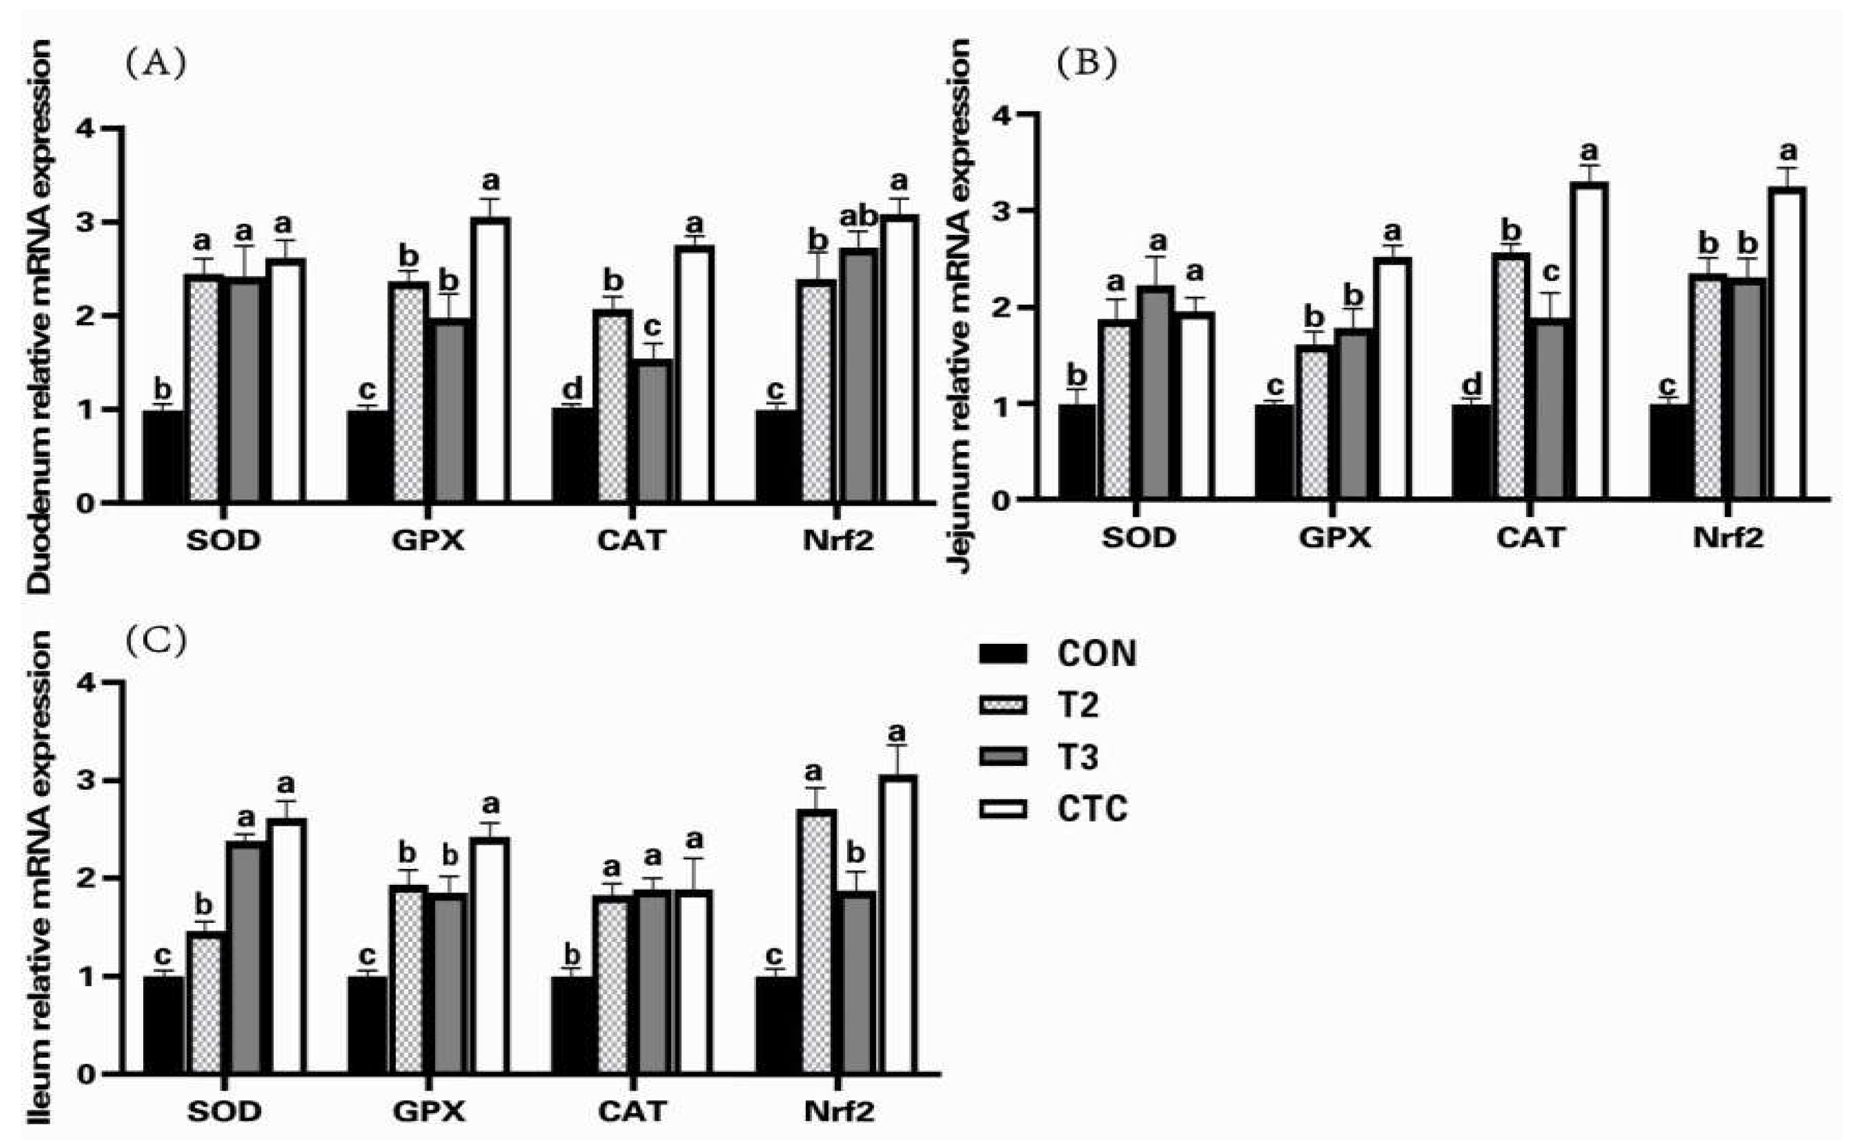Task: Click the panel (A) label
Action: (155, 64)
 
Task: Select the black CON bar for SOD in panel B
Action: (1077, 452)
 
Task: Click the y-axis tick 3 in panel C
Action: (86, 781)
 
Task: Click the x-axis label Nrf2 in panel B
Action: (1728, 538)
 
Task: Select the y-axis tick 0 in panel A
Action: (86, 503)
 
